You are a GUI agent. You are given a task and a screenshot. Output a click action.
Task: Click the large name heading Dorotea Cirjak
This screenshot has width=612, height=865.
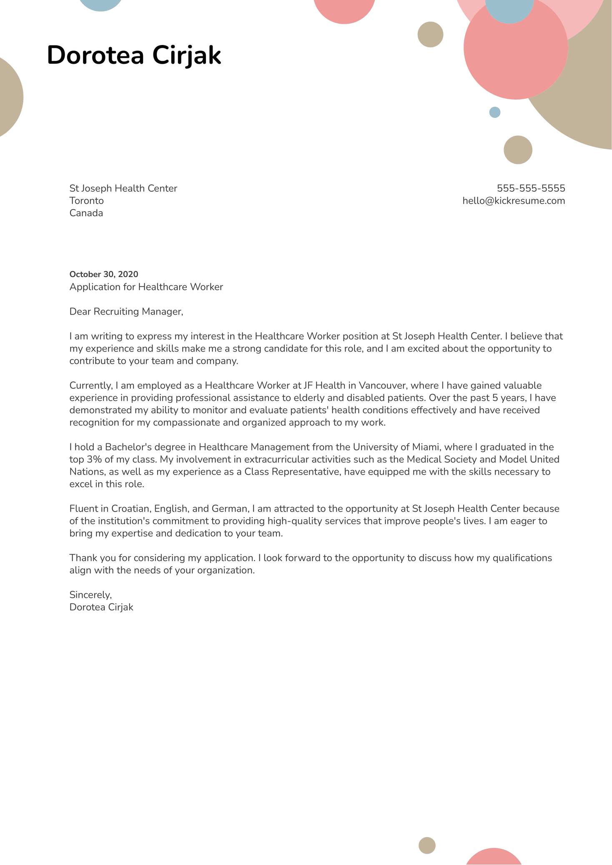pos(134,55)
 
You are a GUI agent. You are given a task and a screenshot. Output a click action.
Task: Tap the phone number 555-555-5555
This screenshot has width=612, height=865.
pos(531,188)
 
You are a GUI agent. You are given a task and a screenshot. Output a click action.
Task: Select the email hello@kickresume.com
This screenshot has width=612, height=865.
pos(514,201)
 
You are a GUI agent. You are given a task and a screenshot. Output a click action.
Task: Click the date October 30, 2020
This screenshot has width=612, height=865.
pos(104,274)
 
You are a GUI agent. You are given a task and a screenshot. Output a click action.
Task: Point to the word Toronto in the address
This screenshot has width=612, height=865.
pos(87,201)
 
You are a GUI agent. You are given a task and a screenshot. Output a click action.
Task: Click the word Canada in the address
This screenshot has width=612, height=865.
pos(86,213)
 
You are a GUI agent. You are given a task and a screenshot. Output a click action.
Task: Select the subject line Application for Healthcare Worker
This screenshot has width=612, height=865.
pos(146,287)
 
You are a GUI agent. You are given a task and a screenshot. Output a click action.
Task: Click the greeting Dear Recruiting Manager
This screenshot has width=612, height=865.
pos(126,311)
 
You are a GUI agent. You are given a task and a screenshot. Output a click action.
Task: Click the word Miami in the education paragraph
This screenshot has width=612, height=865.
pos(426,447)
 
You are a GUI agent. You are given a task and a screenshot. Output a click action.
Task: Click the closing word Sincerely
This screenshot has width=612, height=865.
pos(90,595)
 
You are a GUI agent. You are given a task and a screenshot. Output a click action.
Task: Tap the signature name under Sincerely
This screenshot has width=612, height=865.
pos(101,607)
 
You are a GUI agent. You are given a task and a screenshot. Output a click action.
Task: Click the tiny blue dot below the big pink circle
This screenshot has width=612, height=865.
pos(494,112)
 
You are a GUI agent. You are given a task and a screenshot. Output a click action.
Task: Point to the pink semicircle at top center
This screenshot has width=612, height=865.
pos(344,9)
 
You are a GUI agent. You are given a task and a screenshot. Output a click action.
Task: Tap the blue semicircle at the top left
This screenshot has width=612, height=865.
pos(101,4)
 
